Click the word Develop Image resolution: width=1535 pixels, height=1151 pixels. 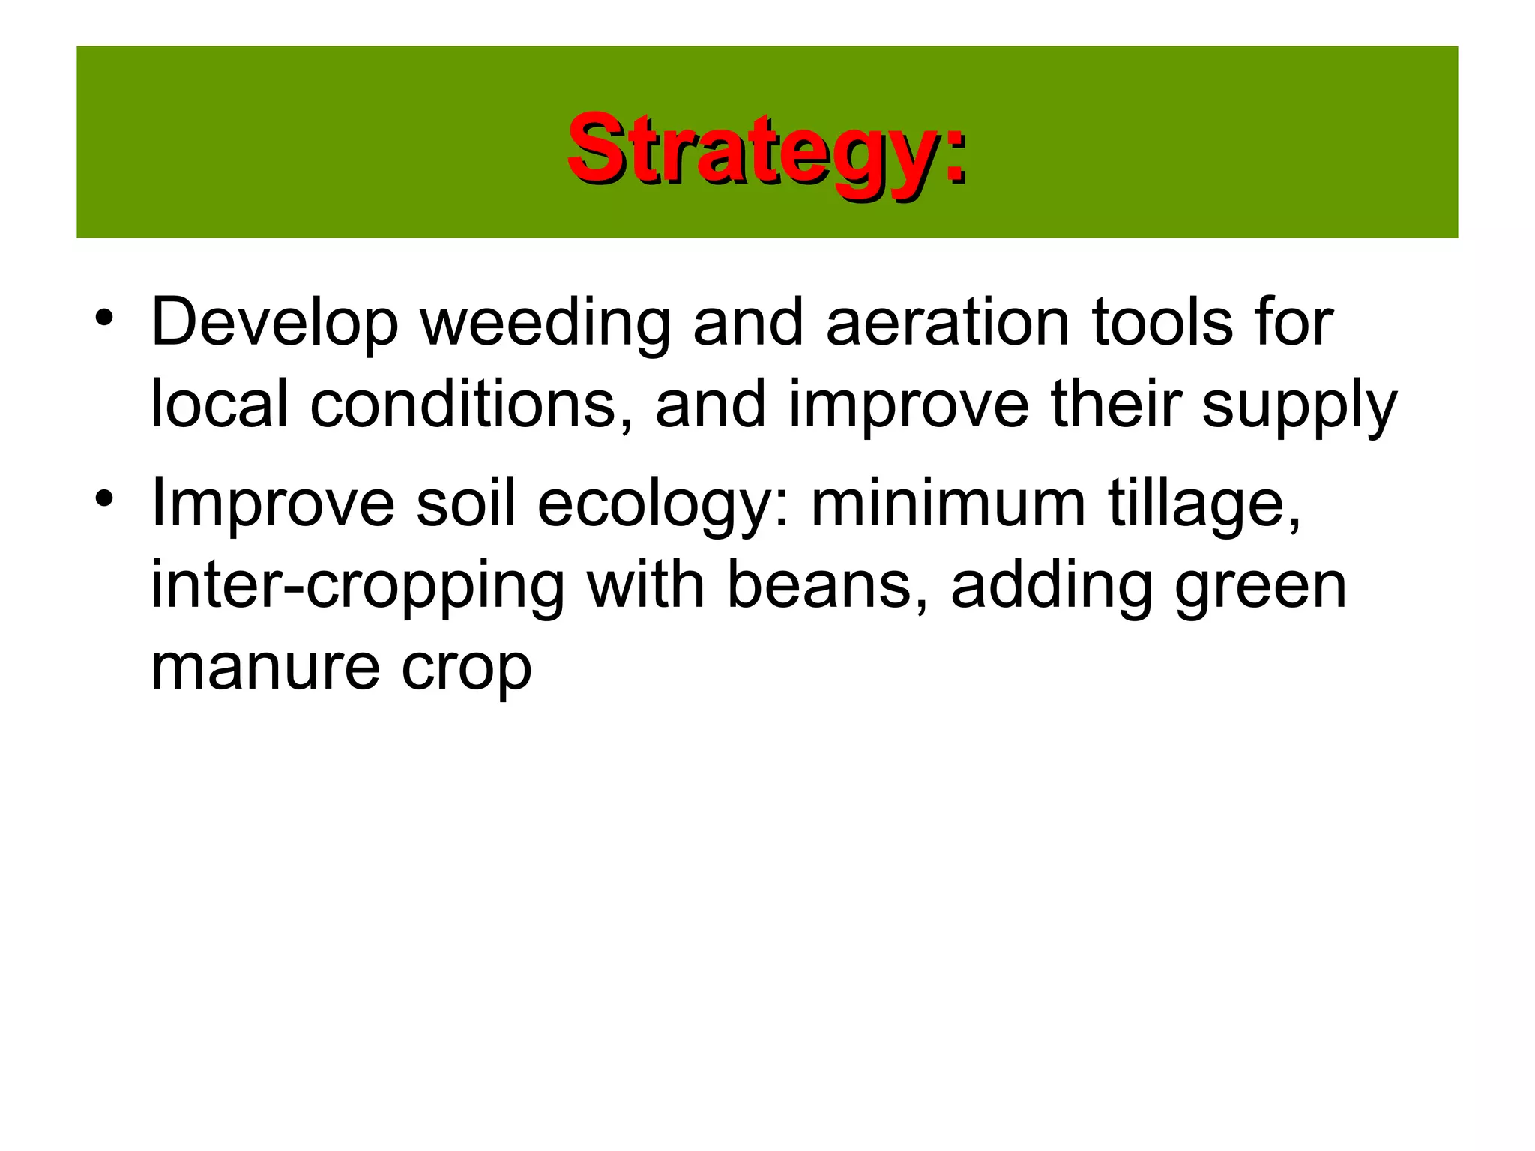[x=274, y=324]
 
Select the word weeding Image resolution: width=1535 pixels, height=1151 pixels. [x=544, y=324]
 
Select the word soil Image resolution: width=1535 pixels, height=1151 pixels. [x=465, y=504]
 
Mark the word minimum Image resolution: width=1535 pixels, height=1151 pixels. [x=948, y=504]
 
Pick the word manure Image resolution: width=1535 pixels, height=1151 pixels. [x=265, y=668]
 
